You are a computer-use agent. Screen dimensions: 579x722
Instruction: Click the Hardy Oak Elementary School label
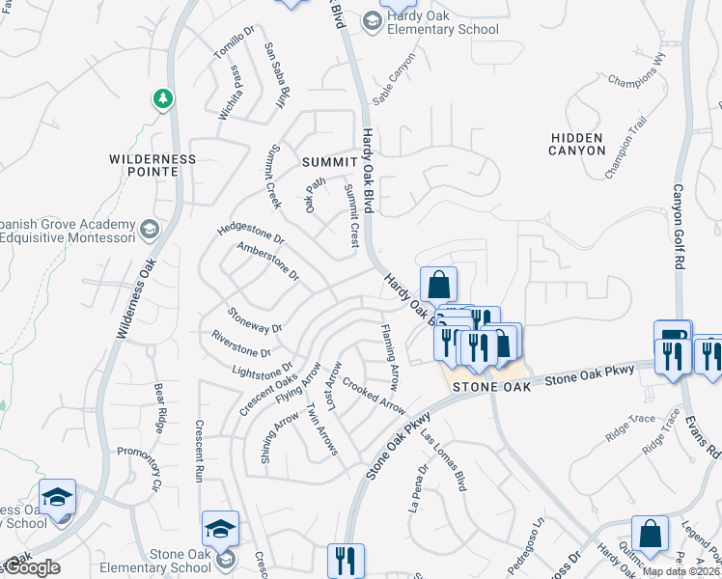click(442, 22)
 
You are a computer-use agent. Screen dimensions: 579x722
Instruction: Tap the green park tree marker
click(163, 98)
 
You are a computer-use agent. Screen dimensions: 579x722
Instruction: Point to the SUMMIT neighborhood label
click(328, 162)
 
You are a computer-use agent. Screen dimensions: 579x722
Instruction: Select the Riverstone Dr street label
click(240, 344)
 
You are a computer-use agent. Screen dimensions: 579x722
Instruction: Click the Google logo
click(31, 567)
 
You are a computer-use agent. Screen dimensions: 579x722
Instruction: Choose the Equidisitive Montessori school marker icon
click(149, 229)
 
